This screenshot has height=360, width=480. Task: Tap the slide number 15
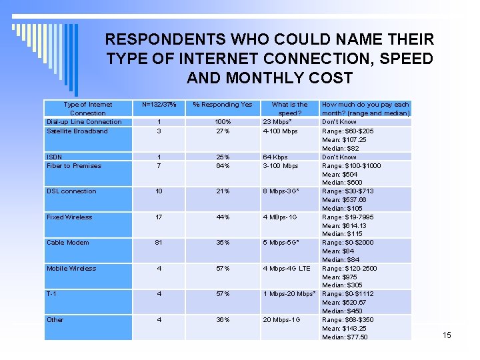click(x=447, y=335)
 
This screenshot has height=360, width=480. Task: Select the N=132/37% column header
click(x=159, y=105)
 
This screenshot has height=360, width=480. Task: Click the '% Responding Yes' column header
click(x=223, y=105)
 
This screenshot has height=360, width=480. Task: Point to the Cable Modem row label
click(x=65, y=243)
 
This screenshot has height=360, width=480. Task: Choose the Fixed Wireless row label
click(x=69, y=217)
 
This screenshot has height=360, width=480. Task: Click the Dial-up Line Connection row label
click(x=84, y=122)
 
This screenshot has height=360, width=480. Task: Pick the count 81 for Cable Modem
click(x=159, y=243)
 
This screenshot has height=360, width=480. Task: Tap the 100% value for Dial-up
click(x=223, y=122)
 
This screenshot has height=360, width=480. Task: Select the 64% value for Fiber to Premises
click(x=223, y=166)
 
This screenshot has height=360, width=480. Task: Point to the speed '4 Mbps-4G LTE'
click(x=287, y=269)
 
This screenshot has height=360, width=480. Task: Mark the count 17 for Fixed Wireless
click(x=159, y=217)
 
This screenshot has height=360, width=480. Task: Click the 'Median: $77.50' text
click(x=345, y=337)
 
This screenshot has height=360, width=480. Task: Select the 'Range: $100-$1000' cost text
click(x=351, y=166)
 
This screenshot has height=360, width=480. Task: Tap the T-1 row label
click(x=51, y=294)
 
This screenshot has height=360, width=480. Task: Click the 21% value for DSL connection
click(x=223, y=191)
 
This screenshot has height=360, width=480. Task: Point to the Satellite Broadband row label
click(x=77, y=131)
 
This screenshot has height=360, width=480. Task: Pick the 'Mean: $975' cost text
click(x=339, y=277)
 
